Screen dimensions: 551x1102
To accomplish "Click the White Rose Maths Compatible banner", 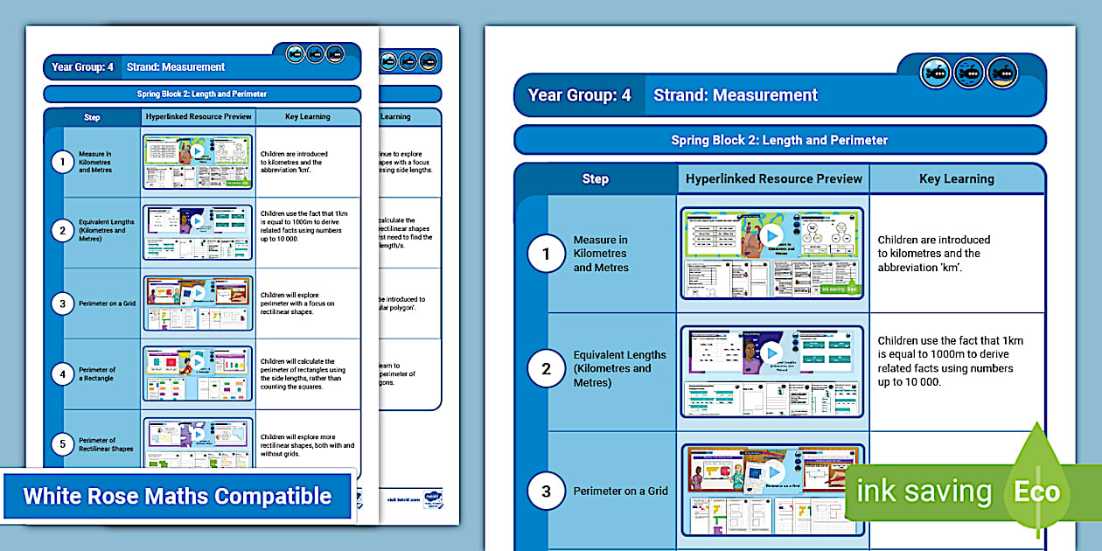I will (177, 497).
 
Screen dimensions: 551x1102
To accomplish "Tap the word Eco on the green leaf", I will (1036, 492).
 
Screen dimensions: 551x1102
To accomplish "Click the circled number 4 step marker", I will (61, 374).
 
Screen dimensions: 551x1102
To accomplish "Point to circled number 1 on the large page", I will (547, 255).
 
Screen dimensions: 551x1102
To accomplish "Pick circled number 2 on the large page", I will (547, 369).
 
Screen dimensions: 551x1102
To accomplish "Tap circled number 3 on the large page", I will (547, 492).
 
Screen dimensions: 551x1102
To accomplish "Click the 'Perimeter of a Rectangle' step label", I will (97, 374).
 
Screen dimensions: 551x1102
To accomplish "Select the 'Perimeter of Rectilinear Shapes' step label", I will (106, 445).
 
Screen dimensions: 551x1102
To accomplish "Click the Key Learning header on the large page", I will (957, 178).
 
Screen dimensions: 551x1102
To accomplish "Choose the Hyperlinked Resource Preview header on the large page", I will (774, 178).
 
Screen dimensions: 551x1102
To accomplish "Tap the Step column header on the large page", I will (595, 178).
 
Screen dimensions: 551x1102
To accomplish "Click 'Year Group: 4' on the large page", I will (579, 95).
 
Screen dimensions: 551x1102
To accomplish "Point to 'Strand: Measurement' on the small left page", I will (176, 66).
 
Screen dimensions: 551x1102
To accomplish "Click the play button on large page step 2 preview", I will (771, 352).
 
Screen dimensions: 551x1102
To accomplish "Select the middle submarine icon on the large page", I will (969, 73).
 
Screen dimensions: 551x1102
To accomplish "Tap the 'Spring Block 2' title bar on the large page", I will (779, 140).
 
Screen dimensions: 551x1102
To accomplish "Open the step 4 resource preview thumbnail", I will (198, 373).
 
